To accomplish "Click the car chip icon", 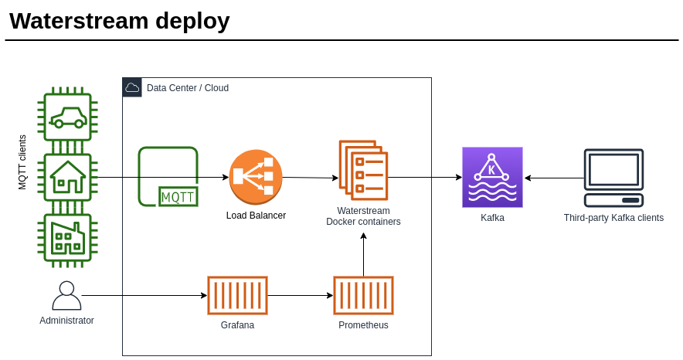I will click(x=67, y=117).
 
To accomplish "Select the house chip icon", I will click(x=67, y=177).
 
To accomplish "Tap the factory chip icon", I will click(x=67, y=237).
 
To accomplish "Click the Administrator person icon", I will click(x=66, y=296).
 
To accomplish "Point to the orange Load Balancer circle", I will click(x=256, y=176).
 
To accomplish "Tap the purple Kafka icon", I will click(x=492, y=177).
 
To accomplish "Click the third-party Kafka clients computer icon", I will click(x=613, y=178).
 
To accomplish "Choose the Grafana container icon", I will click(x=237, y=295).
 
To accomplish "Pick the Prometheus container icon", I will click(x=363, y=295).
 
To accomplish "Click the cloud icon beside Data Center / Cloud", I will click(x=132, y=87).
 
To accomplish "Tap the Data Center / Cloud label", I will click(x=188, y=88).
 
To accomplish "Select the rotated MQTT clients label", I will click(x=22, y=162).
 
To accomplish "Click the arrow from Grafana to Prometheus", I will click(x=300, y=295).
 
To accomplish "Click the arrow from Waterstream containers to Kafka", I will click(x=424, y=178).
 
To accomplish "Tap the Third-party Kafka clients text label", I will click(x=613, y=218).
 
